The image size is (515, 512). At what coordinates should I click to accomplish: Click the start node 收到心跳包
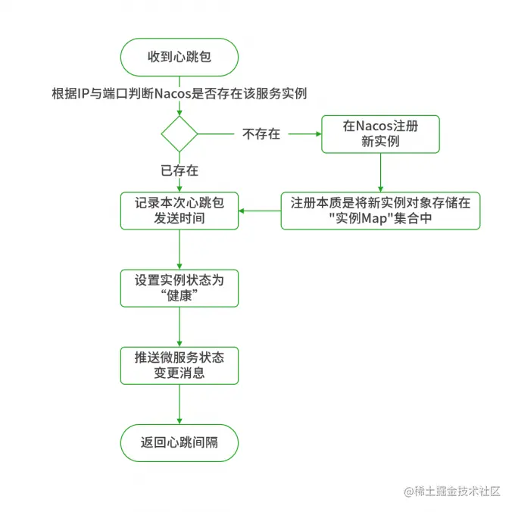click(x=179, y=57)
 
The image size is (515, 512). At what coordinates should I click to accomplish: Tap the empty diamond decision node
click(x=179, y=133)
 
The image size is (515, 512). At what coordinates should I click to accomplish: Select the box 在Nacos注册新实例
click(x=380, y=134)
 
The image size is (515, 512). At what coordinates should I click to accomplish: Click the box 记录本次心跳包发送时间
click(x=179, y=211)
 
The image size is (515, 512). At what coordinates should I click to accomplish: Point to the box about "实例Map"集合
click(x=380, y=211)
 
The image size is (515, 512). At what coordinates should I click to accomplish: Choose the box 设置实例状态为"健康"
click(x=179, y=289)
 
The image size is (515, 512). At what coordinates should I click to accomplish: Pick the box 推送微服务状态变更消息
click(x=179, y=366)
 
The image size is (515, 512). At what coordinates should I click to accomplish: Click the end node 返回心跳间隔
click(x=179, y=443)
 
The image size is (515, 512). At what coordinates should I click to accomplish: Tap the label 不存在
click(x=261, y=134)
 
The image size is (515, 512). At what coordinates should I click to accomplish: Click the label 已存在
click(x=179, y=170)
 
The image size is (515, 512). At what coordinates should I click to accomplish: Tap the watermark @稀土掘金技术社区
click(x=452, y=492)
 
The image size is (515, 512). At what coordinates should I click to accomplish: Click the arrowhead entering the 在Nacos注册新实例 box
click(x=318, y=134)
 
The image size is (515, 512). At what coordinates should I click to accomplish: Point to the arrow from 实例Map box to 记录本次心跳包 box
click(x=260, y=211)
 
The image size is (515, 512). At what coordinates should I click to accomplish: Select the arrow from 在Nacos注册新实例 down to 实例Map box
click(x=380, y=173)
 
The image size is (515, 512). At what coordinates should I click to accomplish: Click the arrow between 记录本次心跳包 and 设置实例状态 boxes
click(x=179, y=250)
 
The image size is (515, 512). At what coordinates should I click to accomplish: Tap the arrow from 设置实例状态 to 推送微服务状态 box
click(x=179, y=327)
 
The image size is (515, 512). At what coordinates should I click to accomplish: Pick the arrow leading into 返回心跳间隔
click(x=179, y=404)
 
